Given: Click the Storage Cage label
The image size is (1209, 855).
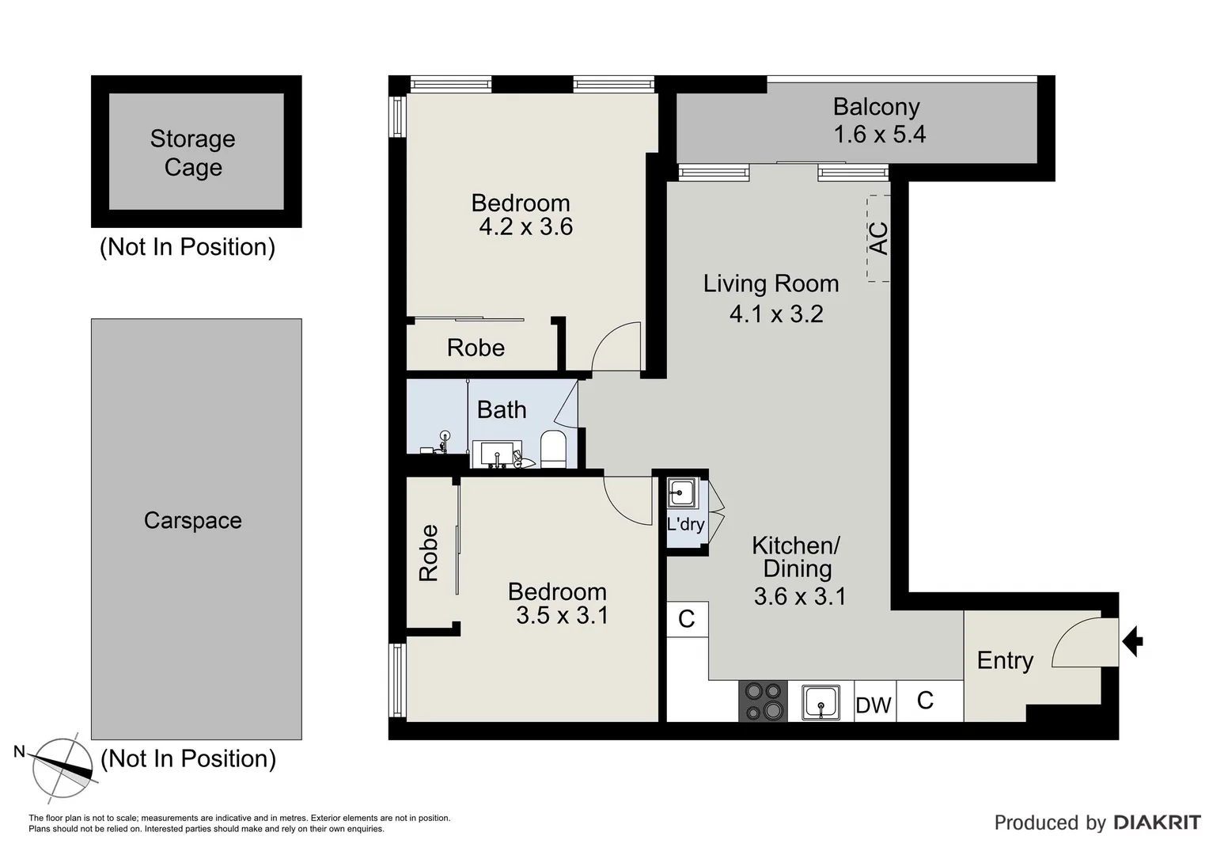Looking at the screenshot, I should point(192,153).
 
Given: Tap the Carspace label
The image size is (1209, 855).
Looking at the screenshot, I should point(192,520).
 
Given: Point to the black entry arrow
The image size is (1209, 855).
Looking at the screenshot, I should point(1133,640).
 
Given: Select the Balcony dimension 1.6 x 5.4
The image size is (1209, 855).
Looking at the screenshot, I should point(879,135).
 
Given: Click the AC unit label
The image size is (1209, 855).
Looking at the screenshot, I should point(879,237).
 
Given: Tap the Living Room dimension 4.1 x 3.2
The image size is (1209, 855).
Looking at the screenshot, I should point(775,314).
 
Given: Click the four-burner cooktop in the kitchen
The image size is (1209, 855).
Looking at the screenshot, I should point(763,701).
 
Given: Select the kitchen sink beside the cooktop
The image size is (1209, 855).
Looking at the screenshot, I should point(821,702).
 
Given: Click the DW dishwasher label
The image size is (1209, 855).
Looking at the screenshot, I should point(874,705).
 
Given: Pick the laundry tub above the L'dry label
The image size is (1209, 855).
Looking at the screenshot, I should point(680,494).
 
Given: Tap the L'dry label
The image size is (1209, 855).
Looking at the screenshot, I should point(685,524).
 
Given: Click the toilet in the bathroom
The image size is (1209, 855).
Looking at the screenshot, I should point(552,449).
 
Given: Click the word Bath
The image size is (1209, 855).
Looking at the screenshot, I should point(501,410).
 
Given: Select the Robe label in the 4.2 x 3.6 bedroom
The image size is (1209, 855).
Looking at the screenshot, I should point(476,348).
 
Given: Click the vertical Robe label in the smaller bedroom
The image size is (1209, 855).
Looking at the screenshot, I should point(428,553).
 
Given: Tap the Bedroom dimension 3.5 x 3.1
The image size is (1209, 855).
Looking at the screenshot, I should point(562,615).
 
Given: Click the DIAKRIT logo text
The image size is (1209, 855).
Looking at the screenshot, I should point(1157,823).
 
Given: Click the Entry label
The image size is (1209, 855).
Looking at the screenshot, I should point(1005,660).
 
